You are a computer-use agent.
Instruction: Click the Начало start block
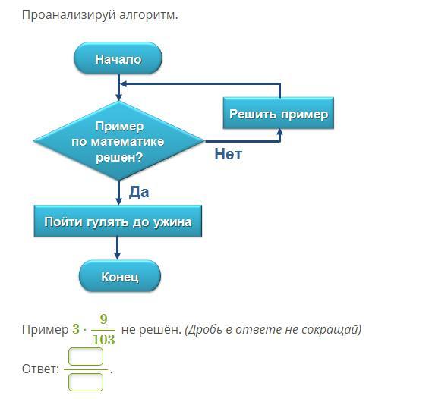point(118,58)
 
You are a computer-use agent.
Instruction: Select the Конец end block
point(120,276)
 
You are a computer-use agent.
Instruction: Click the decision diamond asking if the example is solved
point(118,141)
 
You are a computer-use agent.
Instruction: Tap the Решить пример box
point(279,113)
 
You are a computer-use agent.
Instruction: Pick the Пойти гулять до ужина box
point(118,221)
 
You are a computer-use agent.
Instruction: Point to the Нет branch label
point(229,154)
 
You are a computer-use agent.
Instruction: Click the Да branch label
point(139,193)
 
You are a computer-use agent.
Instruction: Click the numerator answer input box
point(86,357)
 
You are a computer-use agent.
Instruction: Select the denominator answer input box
point(86,382)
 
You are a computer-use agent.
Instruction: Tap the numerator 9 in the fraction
point(103,319)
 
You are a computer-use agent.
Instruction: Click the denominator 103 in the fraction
point(104,339)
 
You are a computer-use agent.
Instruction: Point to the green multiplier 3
point(76,329)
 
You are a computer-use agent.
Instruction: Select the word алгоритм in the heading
point(148,15)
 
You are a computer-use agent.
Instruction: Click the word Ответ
point(40,369)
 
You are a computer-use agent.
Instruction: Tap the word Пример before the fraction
point(45,329)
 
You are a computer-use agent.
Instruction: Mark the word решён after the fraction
point(160,329)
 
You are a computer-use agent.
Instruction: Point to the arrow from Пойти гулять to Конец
point(118,248)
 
